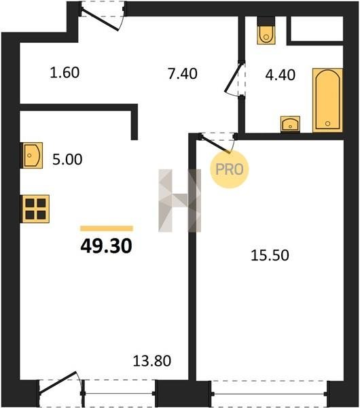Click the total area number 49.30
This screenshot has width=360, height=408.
click(107, 246)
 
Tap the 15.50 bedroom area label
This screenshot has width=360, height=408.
click(270, 256)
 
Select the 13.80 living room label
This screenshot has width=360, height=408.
click(152, 361)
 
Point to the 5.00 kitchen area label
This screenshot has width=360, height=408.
click(67, 159)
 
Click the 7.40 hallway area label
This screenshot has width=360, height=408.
click(183, 73)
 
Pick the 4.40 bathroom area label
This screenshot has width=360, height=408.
click(281, 75)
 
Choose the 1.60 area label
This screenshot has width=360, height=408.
click(65, 73)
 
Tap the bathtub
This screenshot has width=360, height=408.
click(327, 100)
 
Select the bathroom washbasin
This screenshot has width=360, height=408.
click(290, 124)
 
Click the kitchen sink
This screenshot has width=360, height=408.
click(31, 155)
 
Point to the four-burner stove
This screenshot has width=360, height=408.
click(35, 209)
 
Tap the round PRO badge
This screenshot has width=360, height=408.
click(230, 169)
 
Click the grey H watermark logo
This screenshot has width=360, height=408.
click(179, 201)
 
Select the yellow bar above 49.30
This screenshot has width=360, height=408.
click(107, 228)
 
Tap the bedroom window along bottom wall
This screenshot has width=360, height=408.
click(270, 394)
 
